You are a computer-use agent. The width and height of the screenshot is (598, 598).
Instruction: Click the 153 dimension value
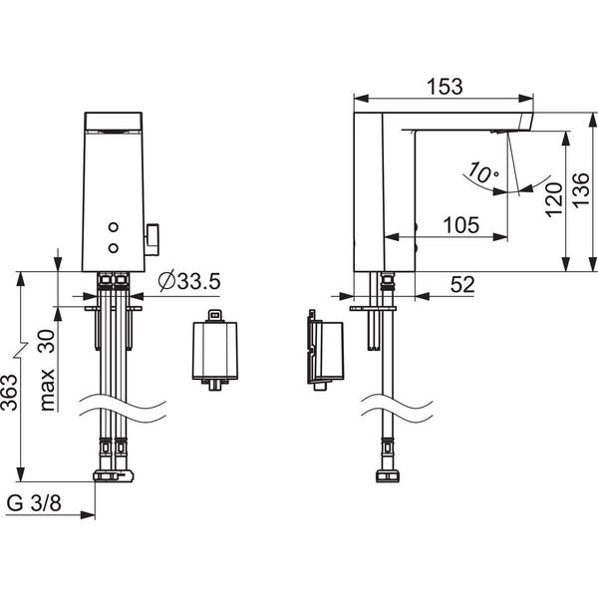[445, 87]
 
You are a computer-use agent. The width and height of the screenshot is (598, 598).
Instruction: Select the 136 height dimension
[581, 190]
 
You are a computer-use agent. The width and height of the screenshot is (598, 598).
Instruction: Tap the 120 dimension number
[554, 200]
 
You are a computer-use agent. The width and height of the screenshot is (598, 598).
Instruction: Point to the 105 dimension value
[460, 225]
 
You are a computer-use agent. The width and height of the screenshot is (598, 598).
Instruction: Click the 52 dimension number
[462, 284]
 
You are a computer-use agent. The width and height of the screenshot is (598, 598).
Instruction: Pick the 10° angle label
[482, 173]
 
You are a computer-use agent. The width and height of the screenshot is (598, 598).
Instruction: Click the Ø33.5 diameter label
[189, 282]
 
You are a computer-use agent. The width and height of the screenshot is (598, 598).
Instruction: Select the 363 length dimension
[10, 393]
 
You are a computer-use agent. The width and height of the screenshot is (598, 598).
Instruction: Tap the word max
[48, 390]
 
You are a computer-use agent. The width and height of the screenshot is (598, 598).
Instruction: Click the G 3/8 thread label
[34, 503]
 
